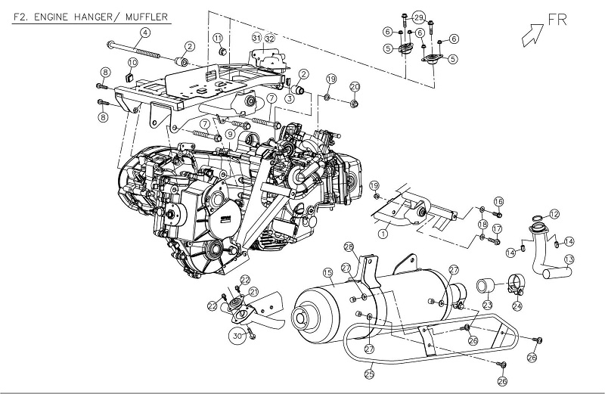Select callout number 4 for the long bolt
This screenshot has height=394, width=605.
(145, 31)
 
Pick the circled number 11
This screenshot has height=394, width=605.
(218, 38)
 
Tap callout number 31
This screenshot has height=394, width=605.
(257, 38)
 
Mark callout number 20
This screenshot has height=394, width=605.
(355, 86)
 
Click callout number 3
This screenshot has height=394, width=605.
(289, 98)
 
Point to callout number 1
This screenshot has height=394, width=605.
(383, 234)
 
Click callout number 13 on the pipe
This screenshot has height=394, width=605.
(569, 259)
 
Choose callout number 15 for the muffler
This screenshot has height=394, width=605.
(328, 272)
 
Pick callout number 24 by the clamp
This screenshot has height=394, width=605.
(517, 306)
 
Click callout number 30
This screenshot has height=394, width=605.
(237, 336)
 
